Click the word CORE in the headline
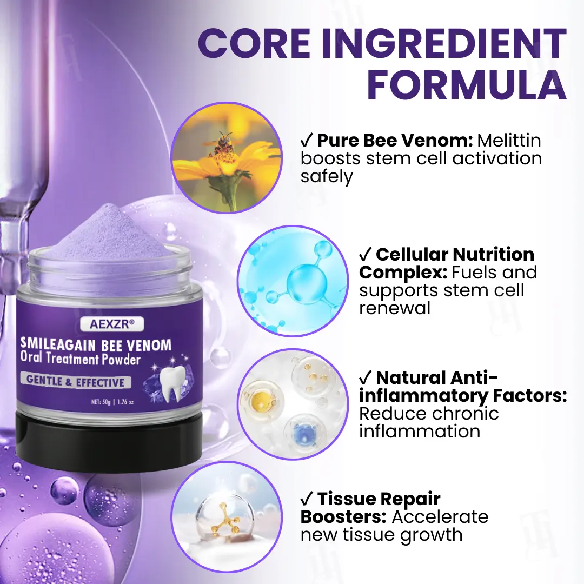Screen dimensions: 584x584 click(254, 43)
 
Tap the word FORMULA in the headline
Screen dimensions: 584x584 click(467, 85)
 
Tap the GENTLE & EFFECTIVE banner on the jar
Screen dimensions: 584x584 click(76, 381)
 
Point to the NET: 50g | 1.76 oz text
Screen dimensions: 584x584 click(112, 402)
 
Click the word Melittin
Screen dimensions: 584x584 click(509, 141)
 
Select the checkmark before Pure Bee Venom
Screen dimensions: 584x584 click(306, 141)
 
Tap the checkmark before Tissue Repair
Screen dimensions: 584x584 click(306, 499)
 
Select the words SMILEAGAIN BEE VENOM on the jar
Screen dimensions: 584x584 click(96, 345)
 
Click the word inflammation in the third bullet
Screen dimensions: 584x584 click(420, 432)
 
